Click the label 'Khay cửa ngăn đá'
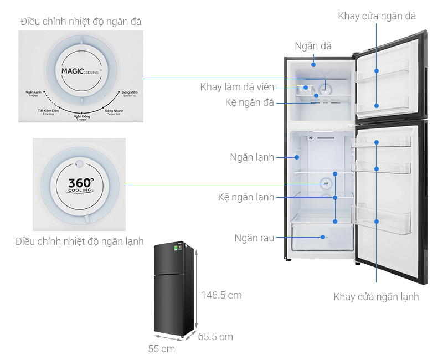(377, 17)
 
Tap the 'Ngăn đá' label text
(313, 46)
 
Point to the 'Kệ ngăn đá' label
(250, 103)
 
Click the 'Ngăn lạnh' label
(252, 157)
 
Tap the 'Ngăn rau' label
(254, 239)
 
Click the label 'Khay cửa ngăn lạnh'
(376, 297)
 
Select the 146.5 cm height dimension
(221, 295)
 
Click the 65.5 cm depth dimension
(215, 336)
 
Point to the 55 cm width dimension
(162, 349)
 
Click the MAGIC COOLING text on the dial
(80, 71)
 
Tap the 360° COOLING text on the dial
(81, 184)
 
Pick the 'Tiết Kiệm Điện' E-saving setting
(48, 112)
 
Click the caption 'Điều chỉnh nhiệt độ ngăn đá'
(81, 22)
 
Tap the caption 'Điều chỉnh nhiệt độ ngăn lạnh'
(80, 241)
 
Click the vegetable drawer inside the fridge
(322, 237)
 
